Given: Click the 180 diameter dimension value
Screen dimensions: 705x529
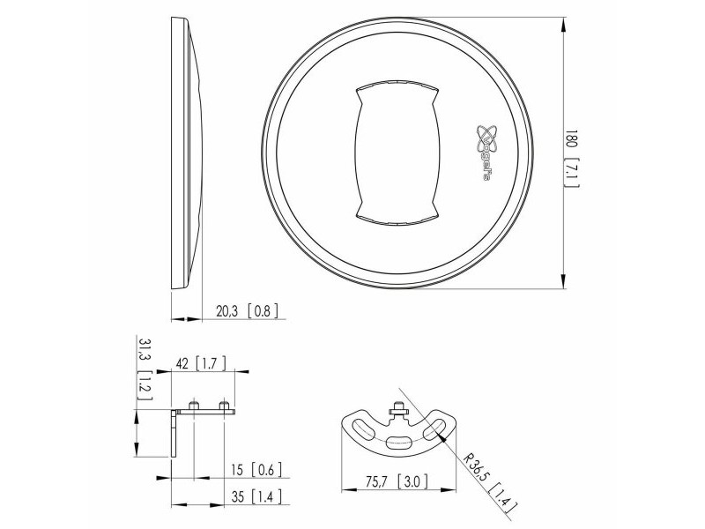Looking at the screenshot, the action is tap(571, 139).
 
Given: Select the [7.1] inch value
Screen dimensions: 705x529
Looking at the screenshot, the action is tap(571, 172).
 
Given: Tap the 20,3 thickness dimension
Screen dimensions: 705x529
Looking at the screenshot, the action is tap(226, 311).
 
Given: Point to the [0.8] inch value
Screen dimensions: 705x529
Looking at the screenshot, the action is tap(263, 311).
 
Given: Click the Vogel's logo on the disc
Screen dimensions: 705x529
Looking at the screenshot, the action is tap(487, 152).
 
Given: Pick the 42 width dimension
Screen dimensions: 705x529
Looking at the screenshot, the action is tap(182, 363).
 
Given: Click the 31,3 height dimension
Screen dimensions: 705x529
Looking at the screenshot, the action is tap(145, 349).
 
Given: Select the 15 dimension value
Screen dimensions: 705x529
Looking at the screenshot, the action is tap(237, 470).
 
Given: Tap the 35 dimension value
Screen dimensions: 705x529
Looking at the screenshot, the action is tap(238, 496).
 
